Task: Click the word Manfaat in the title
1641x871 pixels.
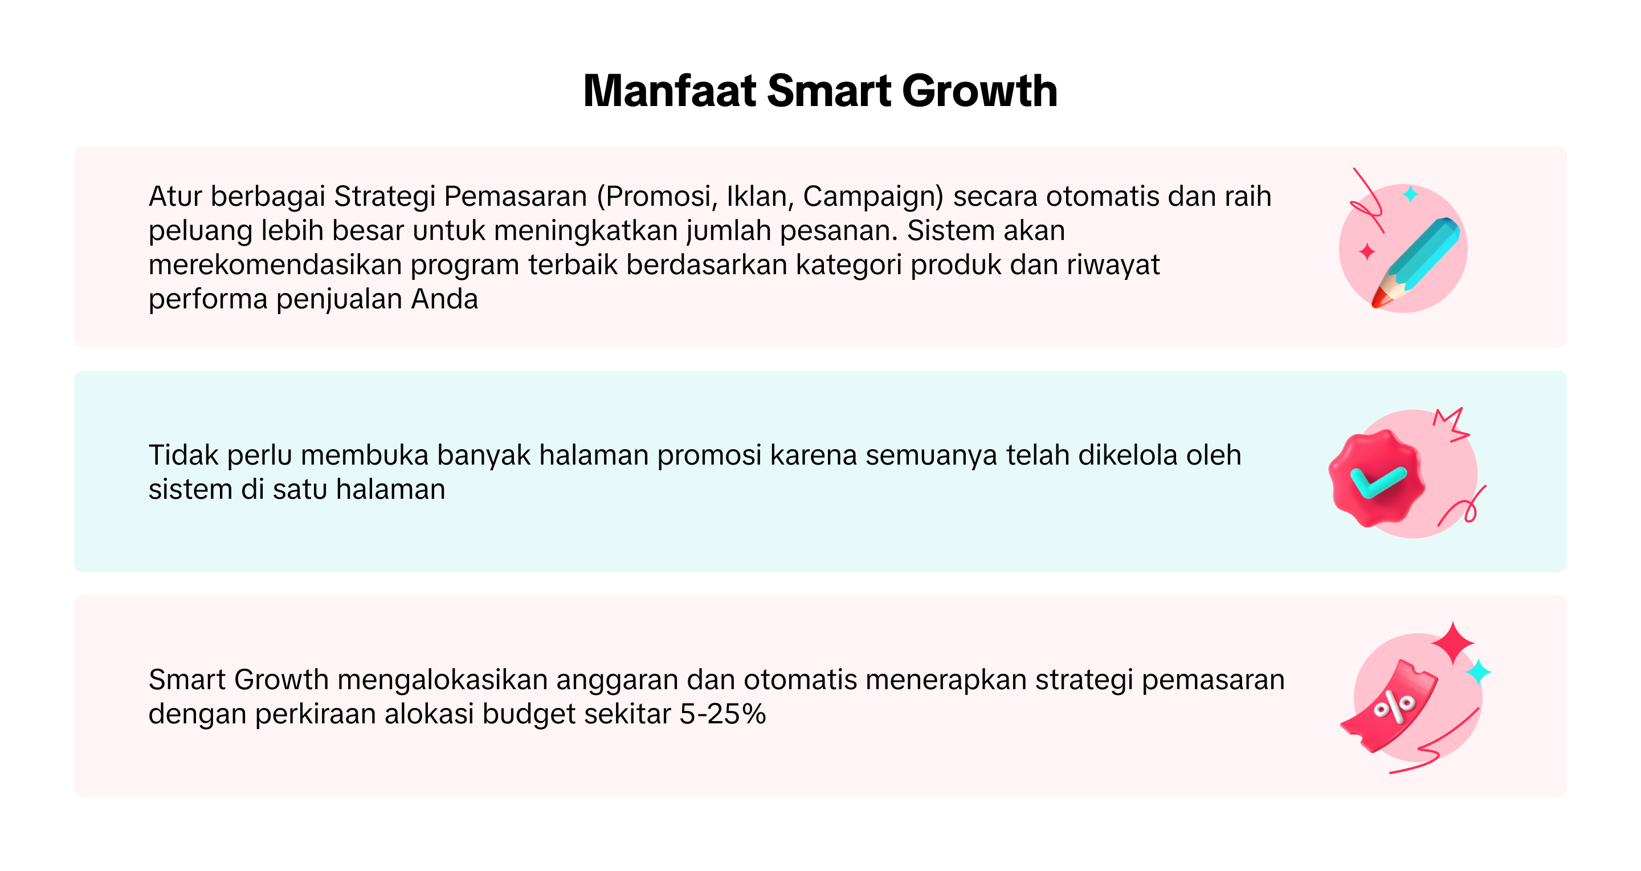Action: coord(670,91)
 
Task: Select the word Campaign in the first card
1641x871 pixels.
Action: coord(873,197)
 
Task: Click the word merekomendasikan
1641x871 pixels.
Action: coord(275,264)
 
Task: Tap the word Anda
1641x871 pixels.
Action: coord(444,299)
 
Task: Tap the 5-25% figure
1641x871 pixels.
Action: coord(722,714)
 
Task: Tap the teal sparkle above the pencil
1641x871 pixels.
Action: coord(1411,194)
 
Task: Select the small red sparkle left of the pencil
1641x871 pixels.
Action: coord(1367,252)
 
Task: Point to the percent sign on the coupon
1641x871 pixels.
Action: coord(1394,707)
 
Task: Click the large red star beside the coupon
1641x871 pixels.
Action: coord(1453,644)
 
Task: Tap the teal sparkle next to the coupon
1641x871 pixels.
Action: coord(1479,672)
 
